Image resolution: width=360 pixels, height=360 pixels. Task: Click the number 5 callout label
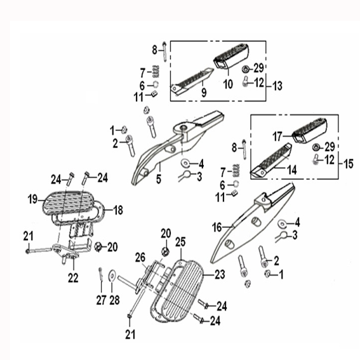coord(159,179)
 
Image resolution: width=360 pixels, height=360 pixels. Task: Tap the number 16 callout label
coord(217,227)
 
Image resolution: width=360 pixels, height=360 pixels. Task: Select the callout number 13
coord(277,86)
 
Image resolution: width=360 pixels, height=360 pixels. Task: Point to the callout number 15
coord(349,164)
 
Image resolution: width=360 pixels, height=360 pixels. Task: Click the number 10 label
coord(228,84)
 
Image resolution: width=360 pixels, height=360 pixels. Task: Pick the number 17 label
coord(277,137)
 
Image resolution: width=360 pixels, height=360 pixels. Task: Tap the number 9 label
coord(204,92)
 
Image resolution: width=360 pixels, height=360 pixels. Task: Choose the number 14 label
coord(292,170)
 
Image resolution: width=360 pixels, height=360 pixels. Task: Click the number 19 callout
coord(32,199)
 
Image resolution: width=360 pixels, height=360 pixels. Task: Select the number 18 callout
coord(118,210)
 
